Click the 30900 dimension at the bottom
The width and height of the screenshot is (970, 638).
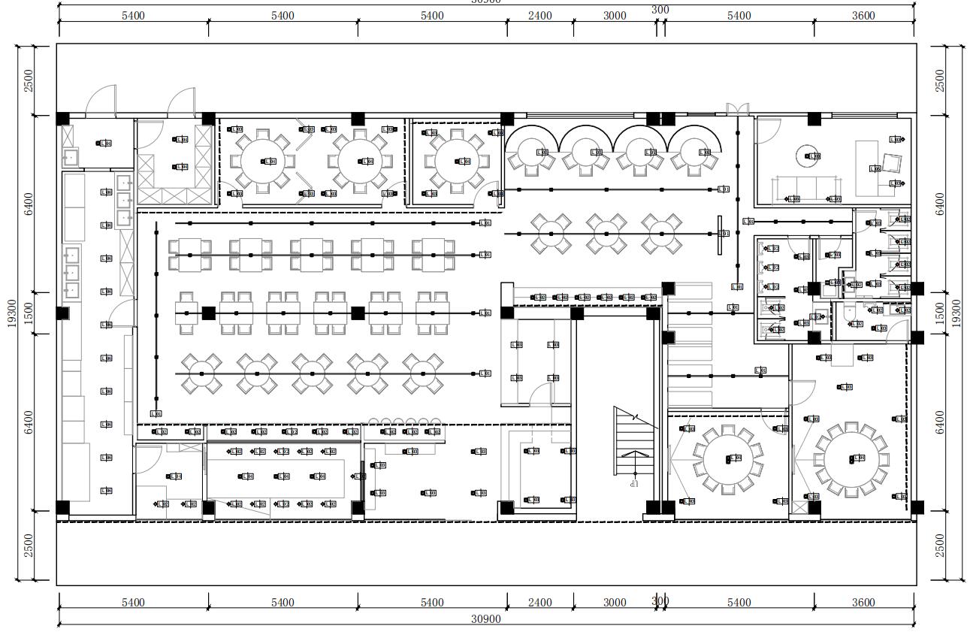(x=486, y=619)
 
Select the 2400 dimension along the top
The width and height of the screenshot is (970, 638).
(x=539, y=16)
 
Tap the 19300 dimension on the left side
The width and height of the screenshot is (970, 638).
(x=12, y=313)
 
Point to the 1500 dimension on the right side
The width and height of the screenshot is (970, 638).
(x=956, y=313)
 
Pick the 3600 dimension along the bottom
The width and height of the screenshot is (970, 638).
(x=863, y=602)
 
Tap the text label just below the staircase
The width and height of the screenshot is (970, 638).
(x=634, y=484)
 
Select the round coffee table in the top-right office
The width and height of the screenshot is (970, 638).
(x=810, y=156)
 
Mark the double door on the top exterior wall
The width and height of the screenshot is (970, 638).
(x=737, y=110)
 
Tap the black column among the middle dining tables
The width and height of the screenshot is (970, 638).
(x=358, y=313)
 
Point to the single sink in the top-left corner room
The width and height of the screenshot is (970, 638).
(x=71, y=156)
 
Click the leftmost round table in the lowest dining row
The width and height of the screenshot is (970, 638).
(x=201, y=373)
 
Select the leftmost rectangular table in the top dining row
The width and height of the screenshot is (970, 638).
(x=189, y=256)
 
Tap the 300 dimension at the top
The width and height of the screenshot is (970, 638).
(x=660, y=10)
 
